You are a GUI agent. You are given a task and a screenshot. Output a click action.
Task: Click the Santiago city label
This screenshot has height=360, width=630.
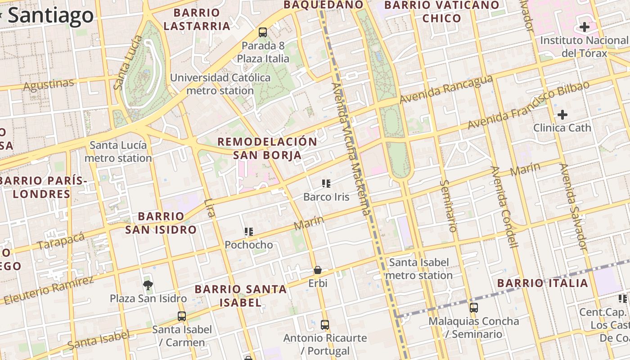pyautogui.click(x=50, y=15)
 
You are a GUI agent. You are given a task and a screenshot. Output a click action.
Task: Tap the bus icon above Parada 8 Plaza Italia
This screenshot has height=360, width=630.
pyautogui.click(x=263, y=32)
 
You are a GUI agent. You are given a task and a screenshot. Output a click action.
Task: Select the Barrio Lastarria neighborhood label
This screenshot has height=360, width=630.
pyautogui.click(x=197, y=19)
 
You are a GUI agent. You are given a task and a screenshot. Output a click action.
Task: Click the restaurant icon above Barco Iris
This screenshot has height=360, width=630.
pyautogui.click(x=326, y=183)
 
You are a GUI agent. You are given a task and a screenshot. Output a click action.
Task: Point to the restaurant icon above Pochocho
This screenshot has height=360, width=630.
pyautogui.click(x=248, y=232)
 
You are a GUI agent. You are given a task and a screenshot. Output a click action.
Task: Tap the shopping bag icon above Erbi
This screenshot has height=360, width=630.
pyautogui.click(x=318, y=270)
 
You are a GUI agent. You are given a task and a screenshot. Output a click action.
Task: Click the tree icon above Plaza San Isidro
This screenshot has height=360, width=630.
pyautogui.click(x=148, y=285)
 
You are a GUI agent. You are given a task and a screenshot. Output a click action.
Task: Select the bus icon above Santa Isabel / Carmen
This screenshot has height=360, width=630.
pyautogui.click(x=182, y=316)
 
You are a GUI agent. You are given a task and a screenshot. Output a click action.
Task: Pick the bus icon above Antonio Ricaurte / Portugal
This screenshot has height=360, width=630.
pyautogui.click(x=325, y=324)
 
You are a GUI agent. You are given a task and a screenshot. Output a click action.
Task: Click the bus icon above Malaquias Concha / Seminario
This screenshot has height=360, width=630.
pyautogui.click(x=473, y=308)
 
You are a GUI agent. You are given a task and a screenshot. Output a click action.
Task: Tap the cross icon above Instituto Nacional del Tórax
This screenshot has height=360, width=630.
pyautogui.click(x=584, y=27)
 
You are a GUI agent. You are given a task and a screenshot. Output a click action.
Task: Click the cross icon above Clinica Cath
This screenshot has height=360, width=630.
pyautogui.click(x=562, y=115)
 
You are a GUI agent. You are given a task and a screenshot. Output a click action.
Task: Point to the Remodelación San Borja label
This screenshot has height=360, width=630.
pyautogui.click(x=267, y=148)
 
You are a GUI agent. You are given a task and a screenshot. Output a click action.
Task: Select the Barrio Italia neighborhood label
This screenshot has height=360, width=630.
pyautogui.click(x=543, y=283)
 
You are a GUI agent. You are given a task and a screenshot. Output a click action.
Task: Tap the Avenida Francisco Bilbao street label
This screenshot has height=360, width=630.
pyautogui.click(x=528, y=105)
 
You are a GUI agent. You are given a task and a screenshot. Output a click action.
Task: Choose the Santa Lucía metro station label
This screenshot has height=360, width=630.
pyautogui.click(x=118, y=152)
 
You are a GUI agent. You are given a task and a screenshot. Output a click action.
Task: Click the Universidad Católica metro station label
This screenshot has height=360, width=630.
pyautogui.click(x=220, y=84)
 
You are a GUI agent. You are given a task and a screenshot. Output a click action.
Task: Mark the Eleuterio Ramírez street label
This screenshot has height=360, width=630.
pyautogui.click(x=48, y=290)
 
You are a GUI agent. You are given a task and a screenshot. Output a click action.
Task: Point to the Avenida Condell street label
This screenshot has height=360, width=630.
pyautogui.click(x=504, y=207)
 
